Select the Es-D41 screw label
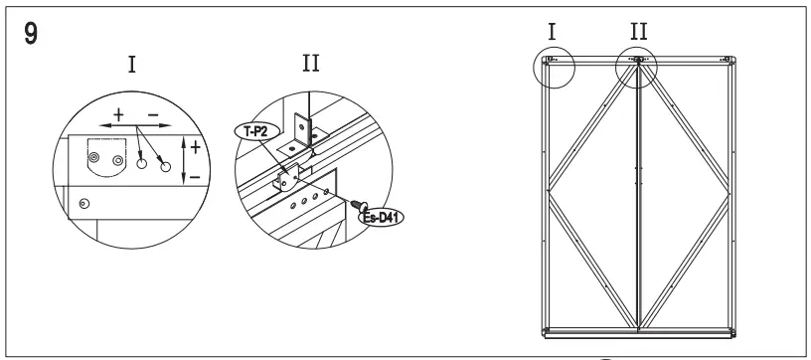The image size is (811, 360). click(x=383, y=217)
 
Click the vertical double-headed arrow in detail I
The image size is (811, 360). click(x=186, y=158)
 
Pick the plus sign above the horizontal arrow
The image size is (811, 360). click(x=119, y=113)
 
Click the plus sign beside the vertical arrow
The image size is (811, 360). click(x=195, y=146)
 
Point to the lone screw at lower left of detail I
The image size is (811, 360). click(x=84, y=203)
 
